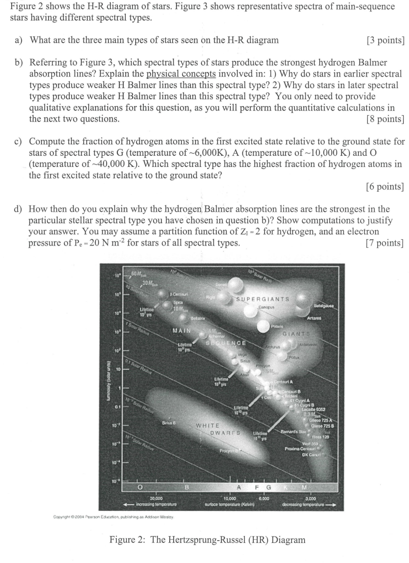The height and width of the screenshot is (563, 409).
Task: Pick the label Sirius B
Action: (x=169, y=423)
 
